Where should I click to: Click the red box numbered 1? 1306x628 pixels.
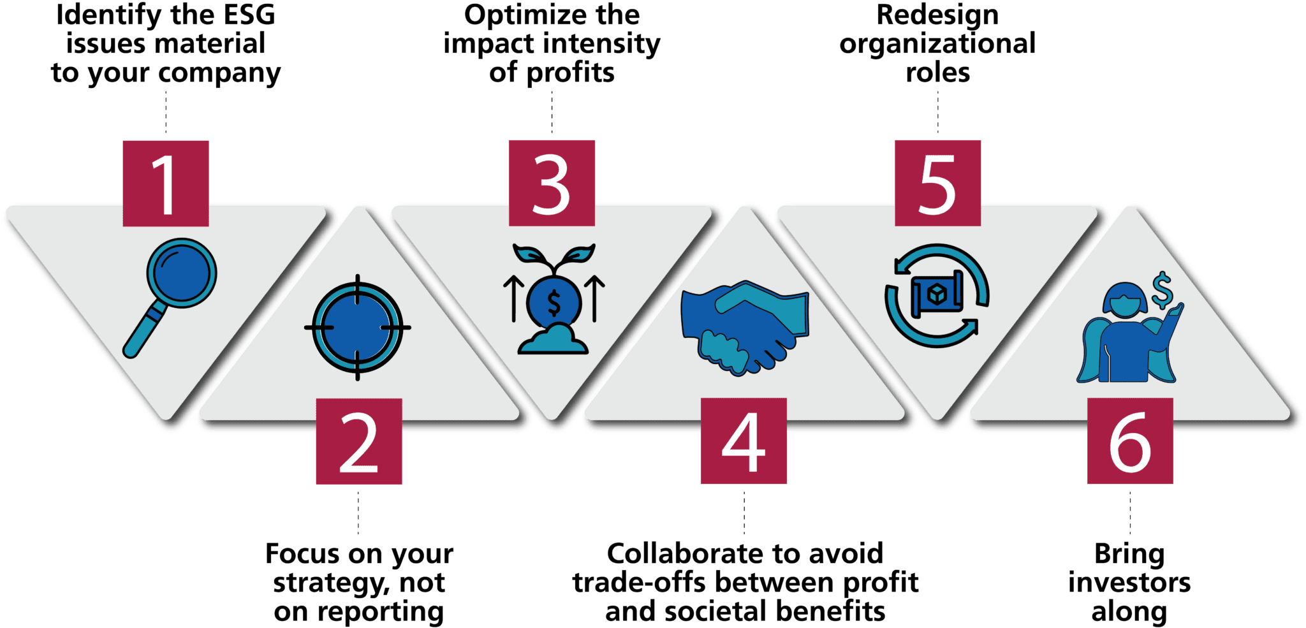click(166, 184)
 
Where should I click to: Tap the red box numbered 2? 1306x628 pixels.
click(359, 441)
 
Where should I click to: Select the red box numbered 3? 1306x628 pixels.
click(552, 183)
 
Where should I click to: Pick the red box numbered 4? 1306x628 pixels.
click(744, 441)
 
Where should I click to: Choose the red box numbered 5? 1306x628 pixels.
click(937, 183)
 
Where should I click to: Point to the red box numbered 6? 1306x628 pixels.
click(1130, 441)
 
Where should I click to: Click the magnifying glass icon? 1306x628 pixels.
click(170, 298)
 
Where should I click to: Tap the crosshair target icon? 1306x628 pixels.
click(358, 328)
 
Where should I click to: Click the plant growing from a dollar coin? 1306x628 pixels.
click(554, 298)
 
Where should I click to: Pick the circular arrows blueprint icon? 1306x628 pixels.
click(937, 296)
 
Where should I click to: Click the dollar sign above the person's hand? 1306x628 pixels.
click(1163, 291)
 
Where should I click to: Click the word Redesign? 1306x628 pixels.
click(937, 15)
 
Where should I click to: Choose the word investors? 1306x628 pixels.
click(1129, 583)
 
